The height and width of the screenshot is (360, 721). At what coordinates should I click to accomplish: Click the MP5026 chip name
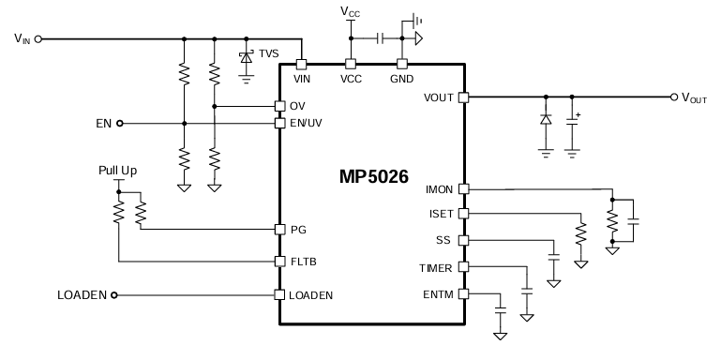click(373, 176)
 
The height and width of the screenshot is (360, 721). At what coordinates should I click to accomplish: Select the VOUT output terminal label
click(694, 97)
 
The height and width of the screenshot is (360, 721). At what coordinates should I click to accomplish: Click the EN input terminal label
click(104, 123)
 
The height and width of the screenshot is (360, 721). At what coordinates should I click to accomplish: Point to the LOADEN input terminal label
click(82, 295)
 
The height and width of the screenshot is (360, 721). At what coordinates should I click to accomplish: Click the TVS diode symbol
click(246, 57)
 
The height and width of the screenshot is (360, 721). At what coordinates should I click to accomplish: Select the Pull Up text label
click(117, 171)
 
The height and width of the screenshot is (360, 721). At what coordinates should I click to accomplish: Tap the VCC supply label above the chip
click(351, 13)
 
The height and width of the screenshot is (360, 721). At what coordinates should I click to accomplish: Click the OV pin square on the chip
click(278, 105)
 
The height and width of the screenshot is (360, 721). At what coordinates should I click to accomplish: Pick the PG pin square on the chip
click(278, 229)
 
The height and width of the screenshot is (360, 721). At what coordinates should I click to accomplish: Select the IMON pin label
click(438, 189)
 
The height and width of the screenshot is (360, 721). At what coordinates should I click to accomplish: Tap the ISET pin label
click(440, 214)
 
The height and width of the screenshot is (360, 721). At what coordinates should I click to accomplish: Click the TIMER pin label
click(436, 268)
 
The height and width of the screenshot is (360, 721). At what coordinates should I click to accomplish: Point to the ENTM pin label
click(438, 294)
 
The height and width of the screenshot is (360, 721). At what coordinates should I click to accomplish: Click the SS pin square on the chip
click(462, 240)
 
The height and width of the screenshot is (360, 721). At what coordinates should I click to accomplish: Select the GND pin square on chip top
click(401, 64)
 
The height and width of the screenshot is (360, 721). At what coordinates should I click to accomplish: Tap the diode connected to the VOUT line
click(545, 120)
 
